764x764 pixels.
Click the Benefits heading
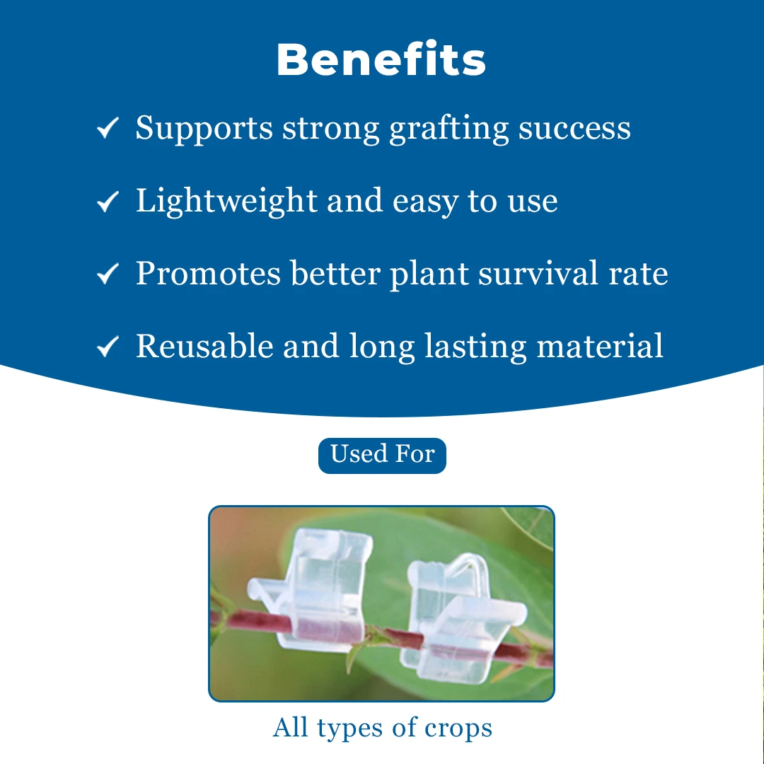coord(381,59)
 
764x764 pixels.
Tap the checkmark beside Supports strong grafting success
coord(108,128)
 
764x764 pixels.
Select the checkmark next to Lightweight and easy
coord(108,201)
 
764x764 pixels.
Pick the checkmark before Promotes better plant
coord(108,273)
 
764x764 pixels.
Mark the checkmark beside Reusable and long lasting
coord(108,347)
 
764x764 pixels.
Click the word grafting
coord(448,129)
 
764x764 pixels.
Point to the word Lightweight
coord(226,202)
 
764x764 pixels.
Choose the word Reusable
coord(204,347)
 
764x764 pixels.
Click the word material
coord(600,347)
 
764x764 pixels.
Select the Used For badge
coord(382,456)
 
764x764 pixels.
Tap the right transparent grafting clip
coord(463,619)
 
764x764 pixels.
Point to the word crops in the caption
coord(458,729)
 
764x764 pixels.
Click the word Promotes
coord(209,273)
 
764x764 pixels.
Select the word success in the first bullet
coord(574,129)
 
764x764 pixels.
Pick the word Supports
coord(204,129)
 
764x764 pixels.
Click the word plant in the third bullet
coord(429,274)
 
